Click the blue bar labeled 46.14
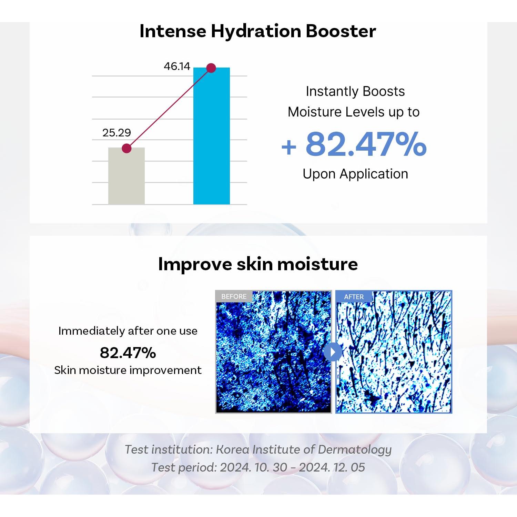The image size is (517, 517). (x=211, y=138)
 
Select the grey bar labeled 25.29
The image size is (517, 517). (x=126, y=178)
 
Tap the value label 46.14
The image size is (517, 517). (x=177, y=66)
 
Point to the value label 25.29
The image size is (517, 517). (x=116, y=133)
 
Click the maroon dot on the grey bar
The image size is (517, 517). (x=126, y=149)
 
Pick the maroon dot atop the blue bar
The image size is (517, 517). (x=211, y=68)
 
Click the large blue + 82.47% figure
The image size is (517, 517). (x=354, y=144)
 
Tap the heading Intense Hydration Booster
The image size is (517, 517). (x=257, y=31)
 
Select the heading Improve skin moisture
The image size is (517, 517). (x=258, y=264)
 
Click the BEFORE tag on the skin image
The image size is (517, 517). (x=234, y=296)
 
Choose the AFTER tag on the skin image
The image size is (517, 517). (x=354, y=297)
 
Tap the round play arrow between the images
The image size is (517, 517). (x=333, y=352)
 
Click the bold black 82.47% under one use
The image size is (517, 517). (x=128, y=353)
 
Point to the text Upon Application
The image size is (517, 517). (x=355, y=174)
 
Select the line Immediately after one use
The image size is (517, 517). (x=128, y=331)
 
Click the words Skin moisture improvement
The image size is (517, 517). (x=128, y=370)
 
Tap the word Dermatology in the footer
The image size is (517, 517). (x=355, y=449)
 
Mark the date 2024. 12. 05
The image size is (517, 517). (x=332, y=467)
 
